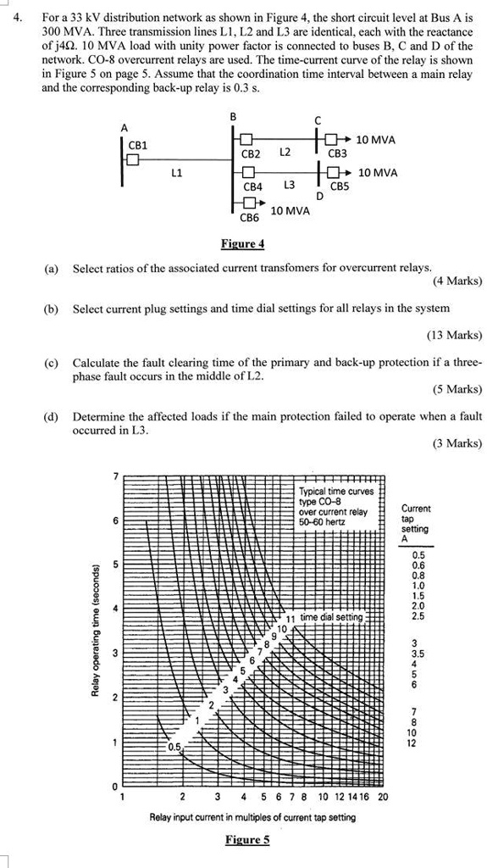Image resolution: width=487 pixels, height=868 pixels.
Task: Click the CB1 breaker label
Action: pyautogui.click(x=137, y=145)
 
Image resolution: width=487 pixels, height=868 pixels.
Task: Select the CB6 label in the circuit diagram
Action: pyautogui.click(x=248, y=219)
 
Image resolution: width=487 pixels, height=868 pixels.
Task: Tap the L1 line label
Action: pyautogui.click(x=177, y=173)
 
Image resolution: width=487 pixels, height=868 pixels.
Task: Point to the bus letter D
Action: pyautogui.click(x=319, y=196)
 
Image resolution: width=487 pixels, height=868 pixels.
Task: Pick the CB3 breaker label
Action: pyautogui.click(x=337, y=154)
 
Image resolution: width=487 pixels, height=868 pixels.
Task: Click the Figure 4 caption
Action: pyautogui.click(x=242, y=244)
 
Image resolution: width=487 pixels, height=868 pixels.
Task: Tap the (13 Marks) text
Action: pyautogui.click(x=456, y=335)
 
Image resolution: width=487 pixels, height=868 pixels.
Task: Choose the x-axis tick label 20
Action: pyautogui.click(x=383, y=797)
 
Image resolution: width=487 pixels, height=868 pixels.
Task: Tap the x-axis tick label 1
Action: pyautogui.click(x=123, y=797)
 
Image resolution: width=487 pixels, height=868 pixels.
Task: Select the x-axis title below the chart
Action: pyautogui.click(x=252, y=817)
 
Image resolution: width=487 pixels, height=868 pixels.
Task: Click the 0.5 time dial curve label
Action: pyautogui.click(x=174, y=747)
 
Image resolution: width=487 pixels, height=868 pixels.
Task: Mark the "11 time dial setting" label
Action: pyautogui.click(x=326, y=617)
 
